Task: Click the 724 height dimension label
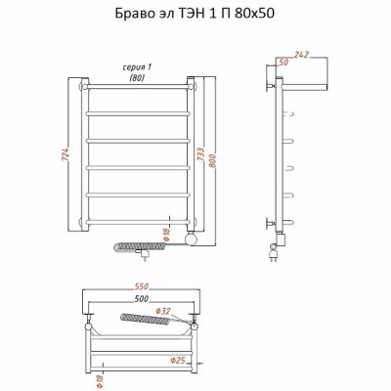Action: point(65,154)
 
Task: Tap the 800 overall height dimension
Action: point(212,160)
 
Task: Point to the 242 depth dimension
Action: point(301,55)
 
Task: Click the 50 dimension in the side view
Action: point(283,62)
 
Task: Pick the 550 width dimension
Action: point(141,286)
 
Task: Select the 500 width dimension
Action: point(141,298)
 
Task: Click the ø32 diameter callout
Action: point(163,311)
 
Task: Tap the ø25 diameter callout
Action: point(178,360)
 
